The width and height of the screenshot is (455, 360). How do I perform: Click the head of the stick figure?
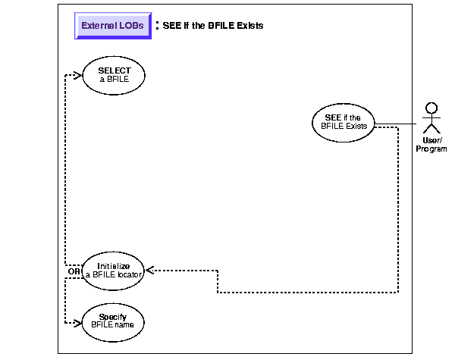431,107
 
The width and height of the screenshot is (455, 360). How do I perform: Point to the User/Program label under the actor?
431,144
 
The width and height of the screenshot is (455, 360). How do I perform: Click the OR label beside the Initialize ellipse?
74,271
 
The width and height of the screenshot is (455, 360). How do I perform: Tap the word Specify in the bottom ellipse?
112,315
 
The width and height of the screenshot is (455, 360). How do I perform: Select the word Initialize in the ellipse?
112,266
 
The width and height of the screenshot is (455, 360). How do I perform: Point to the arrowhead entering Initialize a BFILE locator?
150,270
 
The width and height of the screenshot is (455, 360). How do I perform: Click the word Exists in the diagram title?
249,26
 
